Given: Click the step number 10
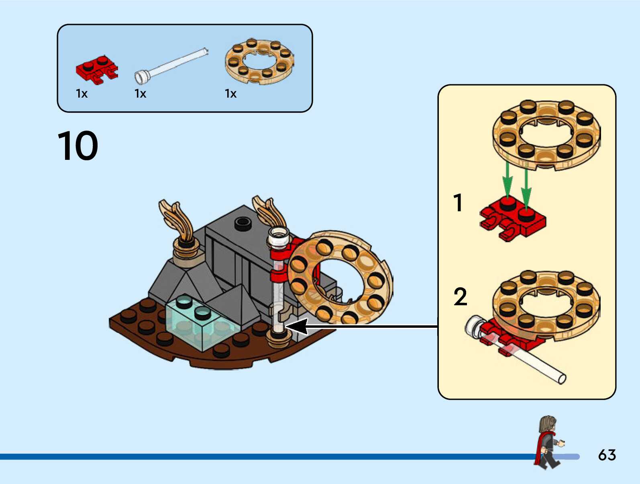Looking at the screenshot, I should coord(77,146).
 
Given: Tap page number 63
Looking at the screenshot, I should coord(607,455).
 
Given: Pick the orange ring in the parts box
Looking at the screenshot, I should coord(259,61).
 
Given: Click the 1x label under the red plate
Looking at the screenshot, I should coord(82,94).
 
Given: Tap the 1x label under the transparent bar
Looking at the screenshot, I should coord(140,94).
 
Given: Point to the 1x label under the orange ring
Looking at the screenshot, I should coord(230,94).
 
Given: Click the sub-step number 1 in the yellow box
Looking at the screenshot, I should coord(458,203).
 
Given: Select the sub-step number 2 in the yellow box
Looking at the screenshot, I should coord(460,297).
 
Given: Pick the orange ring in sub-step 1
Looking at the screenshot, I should coord(546,135).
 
